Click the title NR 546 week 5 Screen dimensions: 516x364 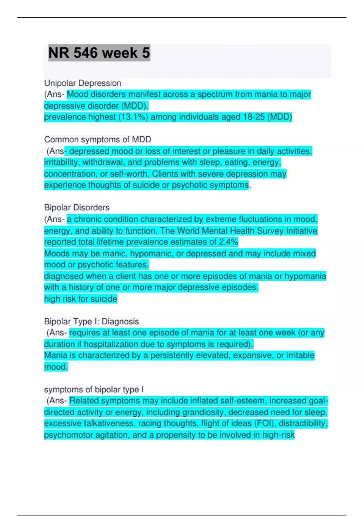pos(99,53)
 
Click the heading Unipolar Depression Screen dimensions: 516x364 pos(83,83)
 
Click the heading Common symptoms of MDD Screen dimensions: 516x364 pos(97,140)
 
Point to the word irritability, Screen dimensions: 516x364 pos(62,162)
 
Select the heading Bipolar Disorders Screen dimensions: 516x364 pos(77,208)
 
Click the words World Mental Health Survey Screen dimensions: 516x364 pos(230,231)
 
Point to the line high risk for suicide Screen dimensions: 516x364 pos(80,299)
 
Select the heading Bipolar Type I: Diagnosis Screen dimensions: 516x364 pos(91,321)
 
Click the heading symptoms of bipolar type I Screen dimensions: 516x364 pos(94,389)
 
